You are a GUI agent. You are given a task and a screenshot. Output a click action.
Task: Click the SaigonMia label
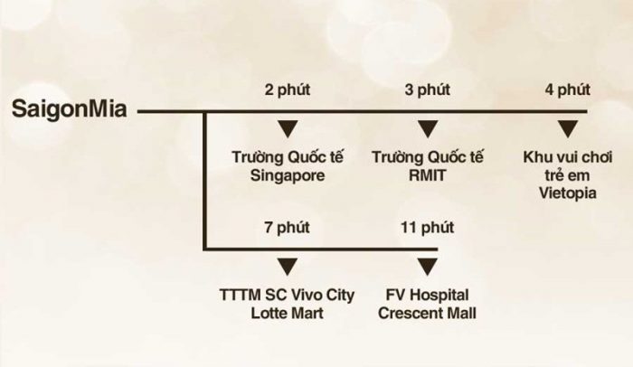69,109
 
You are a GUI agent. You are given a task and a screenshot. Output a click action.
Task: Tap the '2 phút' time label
288,89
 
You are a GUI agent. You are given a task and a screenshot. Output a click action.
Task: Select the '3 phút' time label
428,89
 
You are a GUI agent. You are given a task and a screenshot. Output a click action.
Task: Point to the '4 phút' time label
568,89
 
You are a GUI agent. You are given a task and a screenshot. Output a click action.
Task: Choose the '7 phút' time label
288,227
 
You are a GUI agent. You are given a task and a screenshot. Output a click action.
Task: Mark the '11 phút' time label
428,227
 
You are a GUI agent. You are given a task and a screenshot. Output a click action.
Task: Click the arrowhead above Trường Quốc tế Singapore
288,129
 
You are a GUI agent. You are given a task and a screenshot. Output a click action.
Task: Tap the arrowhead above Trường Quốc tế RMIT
428,129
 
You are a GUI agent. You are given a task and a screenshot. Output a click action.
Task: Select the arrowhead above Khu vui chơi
568,129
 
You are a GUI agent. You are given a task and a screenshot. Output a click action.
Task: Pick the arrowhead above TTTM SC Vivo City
288,267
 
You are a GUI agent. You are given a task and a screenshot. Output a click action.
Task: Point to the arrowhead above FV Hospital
428,267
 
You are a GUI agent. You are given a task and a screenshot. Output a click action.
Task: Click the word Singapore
288,176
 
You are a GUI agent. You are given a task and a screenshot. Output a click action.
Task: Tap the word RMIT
428,175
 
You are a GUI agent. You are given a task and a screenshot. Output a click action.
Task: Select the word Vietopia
568,193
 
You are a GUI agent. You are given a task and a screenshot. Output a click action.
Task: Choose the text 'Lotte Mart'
288,314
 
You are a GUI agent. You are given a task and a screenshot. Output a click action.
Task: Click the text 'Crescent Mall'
428,314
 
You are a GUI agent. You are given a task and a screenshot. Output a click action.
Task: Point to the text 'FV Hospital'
428,295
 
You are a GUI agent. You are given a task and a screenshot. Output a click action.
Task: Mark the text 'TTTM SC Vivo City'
288,295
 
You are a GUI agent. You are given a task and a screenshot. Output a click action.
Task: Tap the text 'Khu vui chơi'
568,157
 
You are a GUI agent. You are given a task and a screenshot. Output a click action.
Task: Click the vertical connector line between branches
205,181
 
